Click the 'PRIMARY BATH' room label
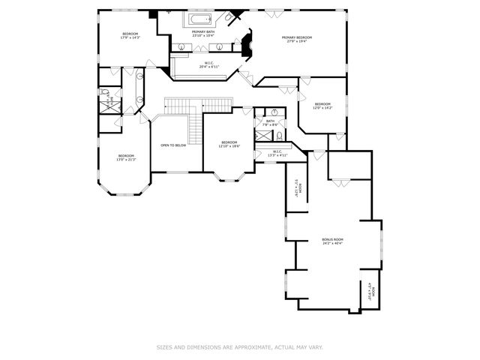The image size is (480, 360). [204, 31]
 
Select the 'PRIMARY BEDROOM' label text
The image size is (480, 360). [296, 37]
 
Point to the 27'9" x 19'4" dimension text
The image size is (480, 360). [296, 42]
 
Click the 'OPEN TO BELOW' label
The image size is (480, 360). [173, 145]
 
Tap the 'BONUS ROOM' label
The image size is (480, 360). [332, 239]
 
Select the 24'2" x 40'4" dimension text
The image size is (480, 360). [332, 244]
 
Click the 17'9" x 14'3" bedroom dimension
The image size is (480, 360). [130, 37]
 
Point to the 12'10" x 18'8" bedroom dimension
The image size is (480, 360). [229, 146]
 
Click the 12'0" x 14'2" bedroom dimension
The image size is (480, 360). [322, 108]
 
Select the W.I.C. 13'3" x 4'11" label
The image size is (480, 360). [277, 154]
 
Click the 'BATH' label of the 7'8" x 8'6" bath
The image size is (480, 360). [269, 121]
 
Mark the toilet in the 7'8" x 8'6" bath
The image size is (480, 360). [278, 136]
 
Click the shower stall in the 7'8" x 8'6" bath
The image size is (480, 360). [263, 136]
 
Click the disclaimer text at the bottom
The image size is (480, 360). [239, 347]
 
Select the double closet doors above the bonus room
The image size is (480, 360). [341, 183]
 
